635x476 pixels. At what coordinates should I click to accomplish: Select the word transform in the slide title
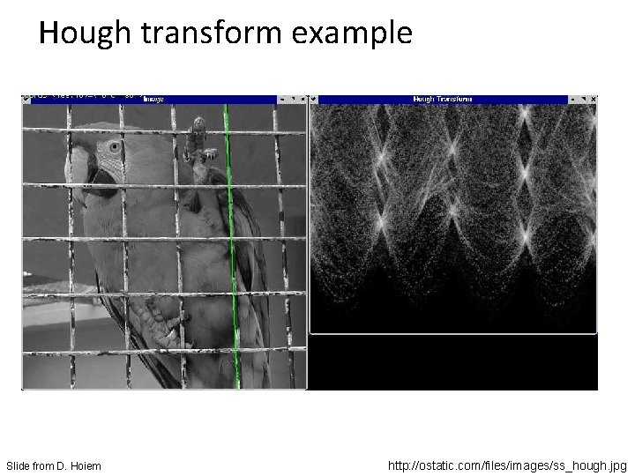coord(196,33)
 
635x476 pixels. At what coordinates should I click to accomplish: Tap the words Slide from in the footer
coord(31,465)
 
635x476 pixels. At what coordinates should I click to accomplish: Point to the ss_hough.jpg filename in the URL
coord(590,464)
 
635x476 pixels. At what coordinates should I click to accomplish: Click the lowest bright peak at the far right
coord(527,234)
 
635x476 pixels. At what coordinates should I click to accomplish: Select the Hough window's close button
coord(591,100)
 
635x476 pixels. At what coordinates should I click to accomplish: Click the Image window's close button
coord(301,100)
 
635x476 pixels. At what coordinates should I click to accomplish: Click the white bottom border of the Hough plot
coord(454,333)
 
